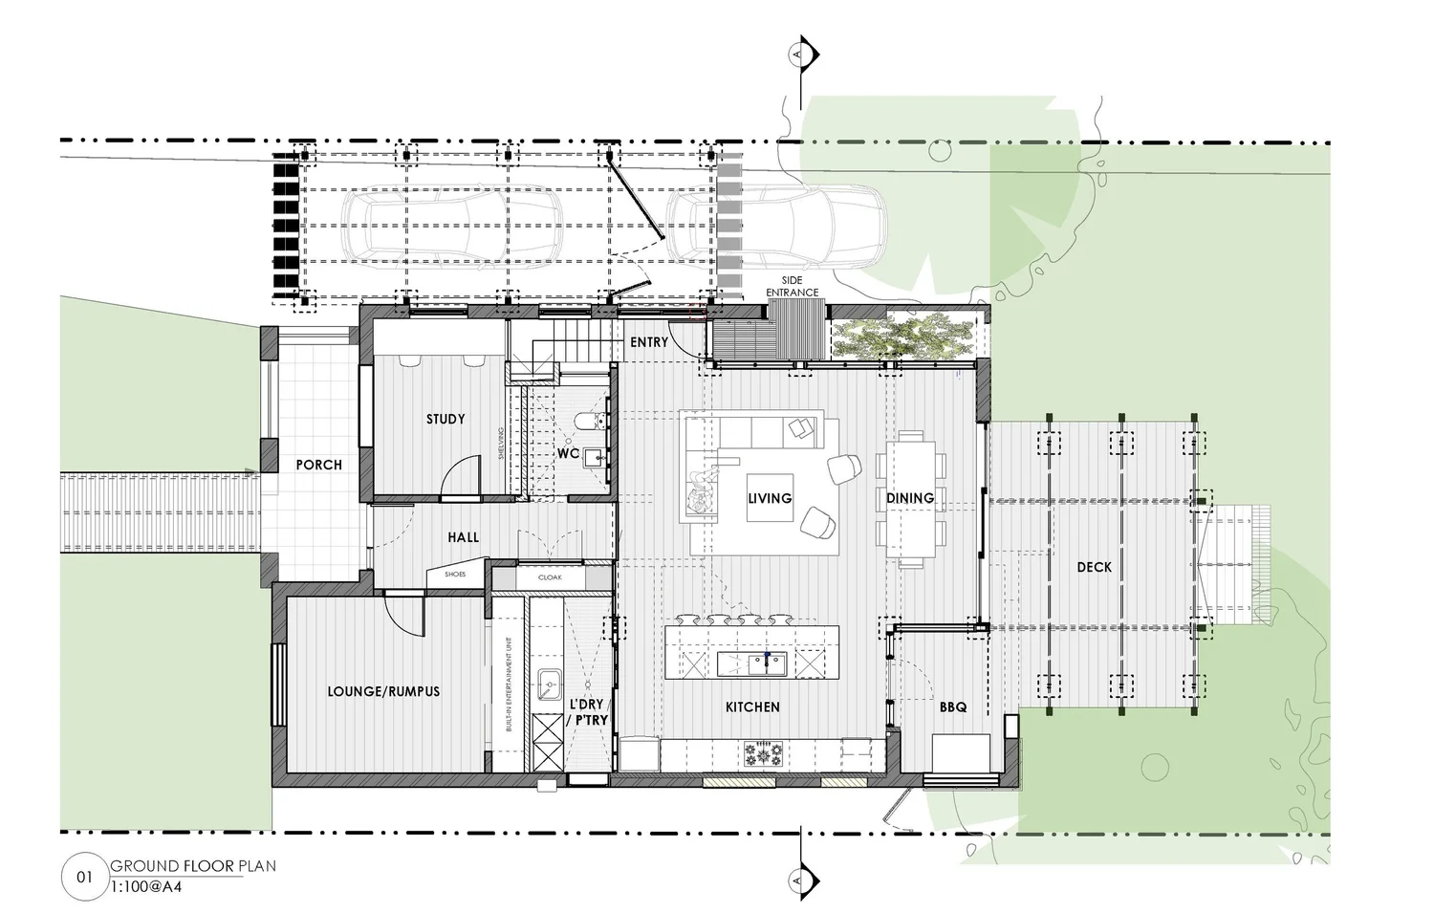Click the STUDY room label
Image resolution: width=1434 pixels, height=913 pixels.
click(445, 419)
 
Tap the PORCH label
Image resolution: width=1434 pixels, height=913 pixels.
click(318, 465)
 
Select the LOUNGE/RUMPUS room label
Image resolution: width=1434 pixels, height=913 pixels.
click(383, 690)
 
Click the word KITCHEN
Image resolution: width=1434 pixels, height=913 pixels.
click(752, 707)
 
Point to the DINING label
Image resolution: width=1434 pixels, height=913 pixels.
click(909, 498)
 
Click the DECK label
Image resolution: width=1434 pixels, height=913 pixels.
click(1094, 567)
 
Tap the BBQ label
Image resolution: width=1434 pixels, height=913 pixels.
click(952, 707)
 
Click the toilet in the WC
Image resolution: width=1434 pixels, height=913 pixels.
click(586, 421)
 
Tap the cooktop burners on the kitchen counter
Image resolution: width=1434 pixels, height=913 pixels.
click(764, 755)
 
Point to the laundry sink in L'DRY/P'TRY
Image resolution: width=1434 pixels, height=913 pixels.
click(549, 683)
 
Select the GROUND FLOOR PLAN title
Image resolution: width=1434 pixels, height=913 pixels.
click(193, 866)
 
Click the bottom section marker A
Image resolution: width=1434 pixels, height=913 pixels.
click(799, 878)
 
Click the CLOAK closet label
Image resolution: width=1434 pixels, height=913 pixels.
click(550, 577)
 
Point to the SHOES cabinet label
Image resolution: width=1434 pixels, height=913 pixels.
click(455, 575)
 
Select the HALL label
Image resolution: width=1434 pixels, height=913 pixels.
click(464, 538)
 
